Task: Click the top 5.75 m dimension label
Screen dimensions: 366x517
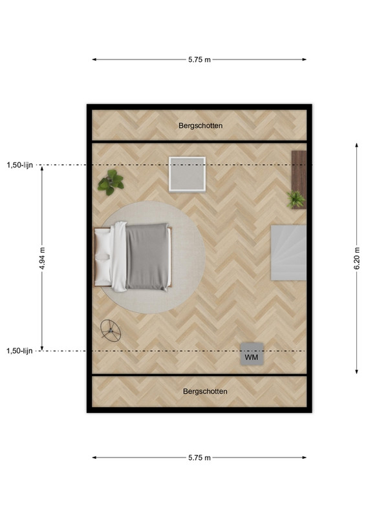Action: point(199,59)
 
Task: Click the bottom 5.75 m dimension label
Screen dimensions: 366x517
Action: point(199,458)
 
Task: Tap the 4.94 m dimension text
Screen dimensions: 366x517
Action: point(42,258)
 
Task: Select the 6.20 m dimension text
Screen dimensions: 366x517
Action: point(357,258)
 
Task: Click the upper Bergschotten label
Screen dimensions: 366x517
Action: point(200,125)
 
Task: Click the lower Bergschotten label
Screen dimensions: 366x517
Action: point(205,392)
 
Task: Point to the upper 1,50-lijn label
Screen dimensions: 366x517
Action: point(20,165)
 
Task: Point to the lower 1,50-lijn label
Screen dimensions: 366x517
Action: point(20,351)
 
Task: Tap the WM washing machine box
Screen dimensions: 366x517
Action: point(252,354)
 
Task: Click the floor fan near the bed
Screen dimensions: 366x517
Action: point(111,330)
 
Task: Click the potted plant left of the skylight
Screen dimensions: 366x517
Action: point(111,182)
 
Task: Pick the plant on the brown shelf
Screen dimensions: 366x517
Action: point(296,199)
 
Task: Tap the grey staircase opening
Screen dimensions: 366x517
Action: point(289,253)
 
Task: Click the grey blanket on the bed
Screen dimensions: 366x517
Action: point(147,257)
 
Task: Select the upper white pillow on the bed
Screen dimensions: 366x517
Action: point(103,242)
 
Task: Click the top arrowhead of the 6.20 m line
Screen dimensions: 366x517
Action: point(357,144)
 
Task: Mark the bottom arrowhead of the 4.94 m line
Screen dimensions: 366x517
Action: point(42,348)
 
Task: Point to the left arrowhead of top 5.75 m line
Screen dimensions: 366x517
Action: point(94,59)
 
